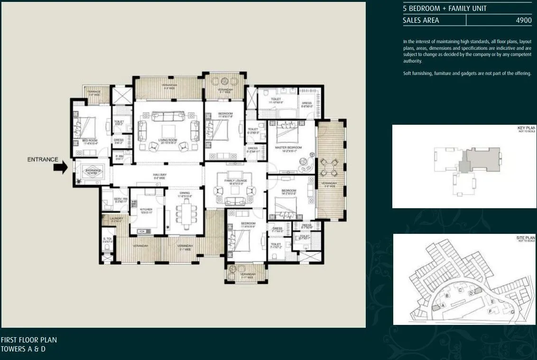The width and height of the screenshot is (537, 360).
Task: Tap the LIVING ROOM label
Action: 167,140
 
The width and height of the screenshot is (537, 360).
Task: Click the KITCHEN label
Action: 146,209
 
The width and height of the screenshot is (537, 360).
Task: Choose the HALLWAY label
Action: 159,175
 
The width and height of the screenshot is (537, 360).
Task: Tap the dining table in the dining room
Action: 184,212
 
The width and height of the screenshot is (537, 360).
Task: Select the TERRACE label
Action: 93,92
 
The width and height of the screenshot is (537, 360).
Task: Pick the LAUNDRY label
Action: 117,219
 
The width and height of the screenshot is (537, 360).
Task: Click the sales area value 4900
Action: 523,20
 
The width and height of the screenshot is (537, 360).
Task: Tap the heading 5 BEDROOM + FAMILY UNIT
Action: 444,9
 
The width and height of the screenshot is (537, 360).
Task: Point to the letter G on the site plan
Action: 512,312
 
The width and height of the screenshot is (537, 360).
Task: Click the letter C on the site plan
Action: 460,290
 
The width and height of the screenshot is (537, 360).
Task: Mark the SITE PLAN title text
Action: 525,237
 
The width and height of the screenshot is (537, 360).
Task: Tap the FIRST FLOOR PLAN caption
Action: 29,340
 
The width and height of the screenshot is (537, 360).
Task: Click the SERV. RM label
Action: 121,199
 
